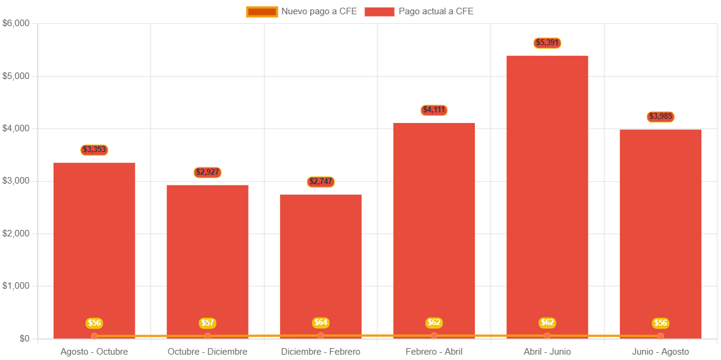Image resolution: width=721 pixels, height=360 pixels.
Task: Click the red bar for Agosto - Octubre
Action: pos(94,250)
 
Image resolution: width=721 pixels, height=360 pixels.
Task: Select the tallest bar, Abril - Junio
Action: pos(547,196)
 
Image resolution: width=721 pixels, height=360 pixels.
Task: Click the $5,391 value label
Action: pos(547,43)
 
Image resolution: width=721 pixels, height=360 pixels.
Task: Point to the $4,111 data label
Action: pos(434,110)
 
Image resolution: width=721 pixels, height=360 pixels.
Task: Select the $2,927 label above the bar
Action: pos(207,172)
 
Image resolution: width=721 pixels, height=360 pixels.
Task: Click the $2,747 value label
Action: pos(321,182)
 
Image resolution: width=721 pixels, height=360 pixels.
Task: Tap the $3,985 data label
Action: pos(660,116)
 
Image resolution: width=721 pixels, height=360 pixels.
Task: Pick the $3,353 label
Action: pos(94,150)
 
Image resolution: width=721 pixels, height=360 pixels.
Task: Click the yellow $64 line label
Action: pos(321,323)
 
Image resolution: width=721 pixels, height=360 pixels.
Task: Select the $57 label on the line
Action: pos(207,323)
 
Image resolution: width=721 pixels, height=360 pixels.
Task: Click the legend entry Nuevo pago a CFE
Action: pos(302,11)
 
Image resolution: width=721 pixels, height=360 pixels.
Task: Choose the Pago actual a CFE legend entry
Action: pos(419,11)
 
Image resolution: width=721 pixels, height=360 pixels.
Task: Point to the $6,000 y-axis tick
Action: pos(16,23)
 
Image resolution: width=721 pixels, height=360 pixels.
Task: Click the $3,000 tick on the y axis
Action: pos(16,181)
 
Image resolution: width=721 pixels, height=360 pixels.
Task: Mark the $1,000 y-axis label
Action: pos(16,286)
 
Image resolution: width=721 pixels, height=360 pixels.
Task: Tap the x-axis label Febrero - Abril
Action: pos(434,352)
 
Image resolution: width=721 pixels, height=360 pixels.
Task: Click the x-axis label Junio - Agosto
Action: pos(660,352)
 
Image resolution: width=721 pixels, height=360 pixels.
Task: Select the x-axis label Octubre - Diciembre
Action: pos(207,352)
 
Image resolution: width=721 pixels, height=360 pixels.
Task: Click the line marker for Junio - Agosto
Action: pos(660,336)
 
